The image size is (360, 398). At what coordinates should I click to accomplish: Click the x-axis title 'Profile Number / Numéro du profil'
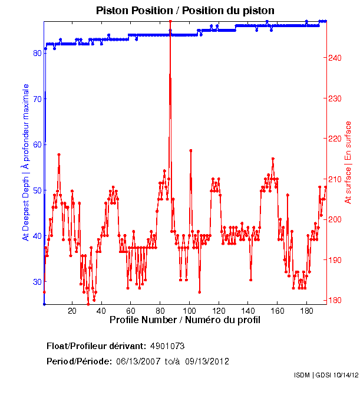[x=184, y=320]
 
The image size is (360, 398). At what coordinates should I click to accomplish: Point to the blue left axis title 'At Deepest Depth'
[x=25, y=162]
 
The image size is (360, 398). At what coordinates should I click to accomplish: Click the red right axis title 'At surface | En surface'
[x=348, y=162]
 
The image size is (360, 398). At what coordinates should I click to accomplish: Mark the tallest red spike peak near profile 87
[x=170, y=22]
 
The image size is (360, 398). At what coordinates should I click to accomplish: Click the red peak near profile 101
[x=190, y=150]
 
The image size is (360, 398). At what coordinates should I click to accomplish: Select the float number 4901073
[x=168, y=345]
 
